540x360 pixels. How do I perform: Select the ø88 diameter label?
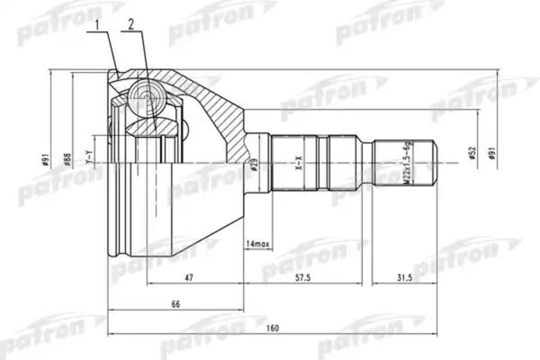(68, 160)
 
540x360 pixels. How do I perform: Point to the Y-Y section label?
(87, 160)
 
